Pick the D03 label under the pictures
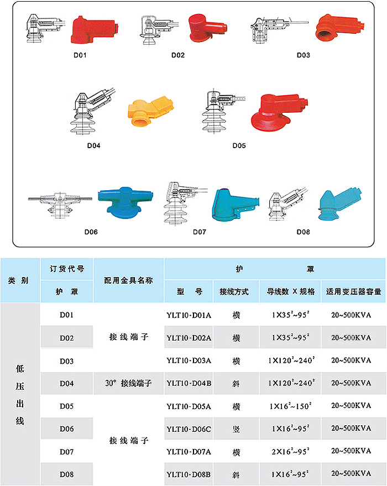pos(303,55)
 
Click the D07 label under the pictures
pos(200,232)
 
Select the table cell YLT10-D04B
pos(189,383)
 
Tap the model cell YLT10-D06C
pos(189,428)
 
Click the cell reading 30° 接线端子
pos(128,383)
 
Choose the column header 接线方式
pos(234,291)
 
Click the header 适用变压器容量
pos(354,291)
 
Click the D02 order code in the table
pos(66,337)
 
